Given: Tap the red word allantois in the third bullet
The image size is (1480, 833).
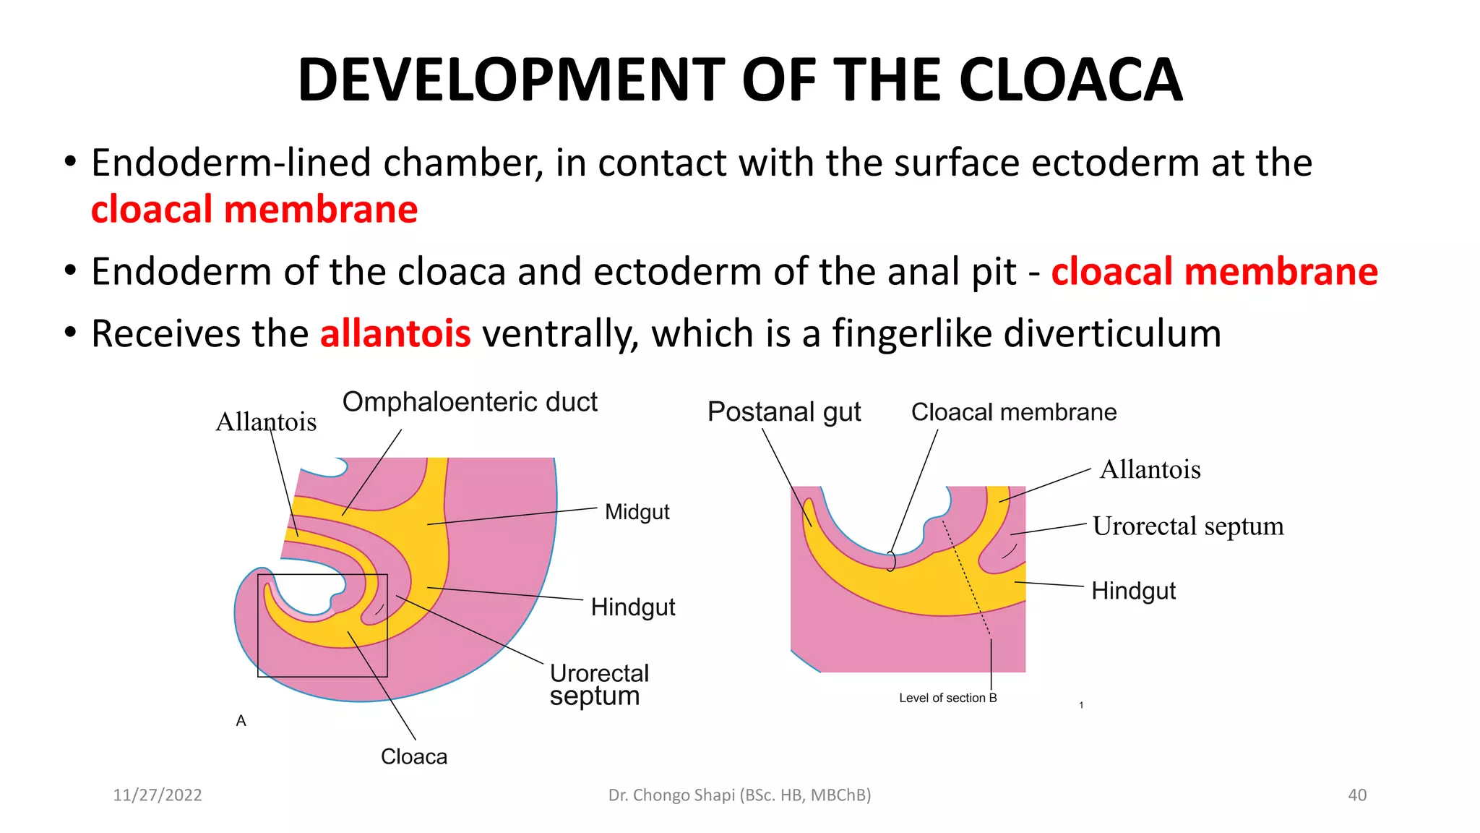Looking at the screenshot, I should click(395, 334).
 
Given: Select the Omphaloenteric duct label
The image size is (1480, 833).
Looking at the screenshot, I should click(470, 402).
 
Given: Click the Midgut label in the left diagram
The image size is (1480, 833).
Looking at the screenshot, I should click(637, 512).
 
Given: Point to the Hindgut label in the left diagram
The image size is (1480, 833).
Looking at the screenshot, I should click(632, 607).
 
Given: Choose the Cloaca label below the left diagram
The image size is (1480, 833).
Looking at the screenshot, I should click(414, 756).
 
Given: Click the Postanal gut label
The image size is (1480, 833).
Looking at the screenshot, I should click(784, 411).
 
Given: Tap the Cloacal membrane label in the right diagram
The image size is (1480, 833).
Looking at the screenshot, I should click(1013, 412).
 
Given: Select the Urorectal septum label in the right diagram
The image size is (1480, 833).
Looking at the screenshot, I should click(1188, 526).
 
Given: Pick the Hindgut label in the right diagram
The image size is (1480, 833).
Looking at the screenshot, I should click(1133, 591).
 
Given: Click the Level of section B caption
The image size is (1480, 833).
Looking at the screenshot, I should click(947, 698).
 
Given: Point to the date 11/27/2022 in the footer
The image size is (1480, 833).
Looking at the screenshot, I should click(158, 795).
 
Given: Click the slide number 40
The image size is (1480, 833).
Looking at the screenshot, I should click(1357, 795).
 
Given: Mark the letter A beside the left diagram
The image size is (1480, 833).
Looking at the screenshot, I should click(241, 721).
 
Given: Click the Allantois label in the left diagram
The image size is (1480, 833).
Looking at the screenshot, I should click(266, 422).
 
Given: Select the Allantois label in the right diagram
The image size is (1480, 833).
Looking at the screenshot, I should click(1150, 470).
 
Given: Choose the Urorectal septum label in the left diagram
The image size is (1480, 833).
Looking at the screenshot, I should click(598, 684).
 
